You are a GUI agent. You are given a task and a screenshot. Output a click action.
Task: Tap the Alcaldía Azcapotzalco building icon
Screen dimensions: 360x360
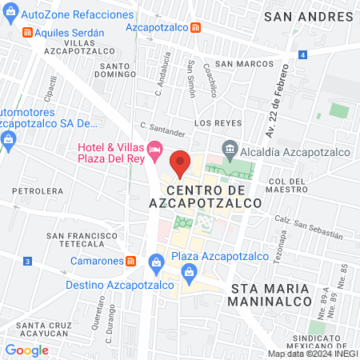click(x=230, y=148)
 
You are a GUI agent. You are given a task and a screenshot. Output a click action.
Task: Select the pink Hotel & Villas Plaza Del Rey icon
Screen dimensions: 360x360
click(x=156, y=149)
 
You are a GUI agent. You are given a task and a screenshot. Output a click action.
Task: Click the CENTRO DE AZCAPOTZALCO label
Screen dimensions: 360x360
click(x=215, y=197)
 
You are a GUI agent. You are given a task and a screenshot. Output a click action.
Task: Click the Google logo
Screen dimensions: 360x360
click(x=26, y=350)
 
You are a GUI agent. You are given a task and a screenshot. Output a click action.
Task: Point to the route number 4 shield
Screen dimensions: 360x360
click(x=303, y=54)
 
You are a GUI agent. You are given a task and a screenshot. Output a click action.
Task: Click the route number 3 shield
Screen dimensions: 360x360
click(x=27, y=261)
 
